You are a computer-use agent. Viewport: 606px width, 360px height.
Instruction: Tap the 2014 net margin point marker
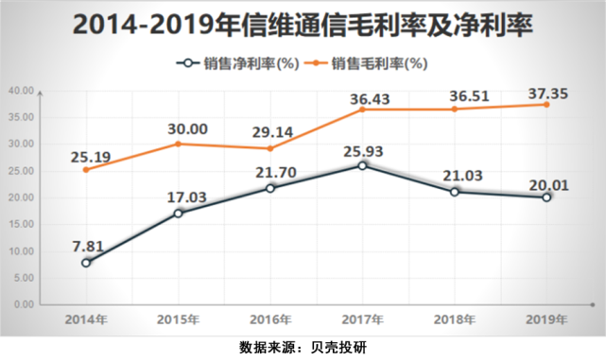click(x=87, y=263)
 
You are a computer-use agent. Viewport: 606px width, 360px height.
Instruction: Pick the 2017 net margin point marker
click(x=363, y=166)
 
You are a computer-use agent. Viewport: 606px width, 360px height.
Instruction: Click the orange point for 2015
click(x=179, y=144)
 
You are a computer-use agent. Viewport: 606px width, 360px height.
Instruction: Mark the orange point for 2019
click(x=546, y=104)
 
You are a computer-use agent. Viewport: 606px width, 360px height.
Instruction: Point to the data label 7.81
click(x=88, y=245)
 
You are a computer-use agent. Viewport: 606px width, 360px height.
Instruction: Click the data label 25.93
click(x=363, y=148)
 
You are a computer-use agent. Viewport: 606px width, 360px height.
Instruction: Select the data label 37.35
click(x=546, y=86)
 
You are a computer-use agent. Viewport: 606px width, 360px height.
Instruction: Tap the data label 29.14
click(x=271, y=130)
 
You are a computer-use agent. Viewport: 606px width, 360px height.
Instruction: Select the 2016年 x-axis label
click(x=271, y=319)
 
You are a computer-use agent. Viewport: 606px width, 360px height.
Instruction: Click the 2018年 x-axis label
click(x=455, y=319)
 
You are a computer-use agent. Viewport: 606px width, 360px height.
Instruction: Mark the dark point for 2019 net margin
click(x=546, y=197)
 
